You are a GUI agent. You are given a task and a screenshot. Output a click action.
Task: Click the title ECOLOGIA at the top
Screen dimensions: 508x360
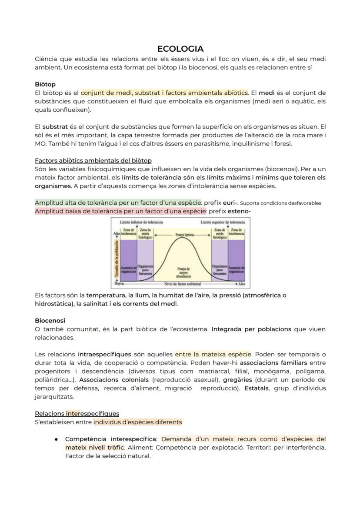coord(180,49)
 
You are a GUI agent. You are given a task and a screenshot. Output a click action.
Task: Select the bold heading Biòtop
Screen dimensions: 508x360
coord(45,84)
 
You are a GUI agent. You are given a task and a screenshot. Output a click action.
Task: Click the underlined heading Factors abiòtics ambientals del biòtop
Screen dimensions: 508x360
coord(93,160)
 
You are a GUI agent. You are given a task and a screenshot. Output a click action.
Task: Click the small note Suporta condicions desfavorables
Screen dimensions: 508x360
coord(280,203)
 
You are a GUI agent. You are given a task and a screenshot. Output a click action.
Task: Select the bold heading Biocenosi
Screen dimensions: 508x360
coord(50,320)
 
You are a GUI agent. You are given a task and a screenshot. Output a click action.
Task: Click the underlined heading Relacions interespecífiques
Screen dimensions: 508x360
coord(77,413)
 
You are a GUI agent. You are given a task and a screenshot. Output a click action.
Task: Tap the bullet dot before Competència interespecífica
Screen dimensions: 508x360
coord(57,439)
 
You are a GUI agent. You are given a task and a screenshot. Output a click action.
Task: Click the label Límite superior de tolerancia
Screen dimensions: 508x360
coord(223,222)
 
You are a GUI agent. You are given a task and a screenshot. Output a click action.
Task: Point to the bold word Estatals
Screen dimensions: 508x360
coord(257,388)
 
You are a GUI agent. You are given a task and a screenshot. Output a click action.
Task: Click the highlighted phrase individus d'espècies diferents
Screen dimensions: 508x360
coord(138,422)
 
